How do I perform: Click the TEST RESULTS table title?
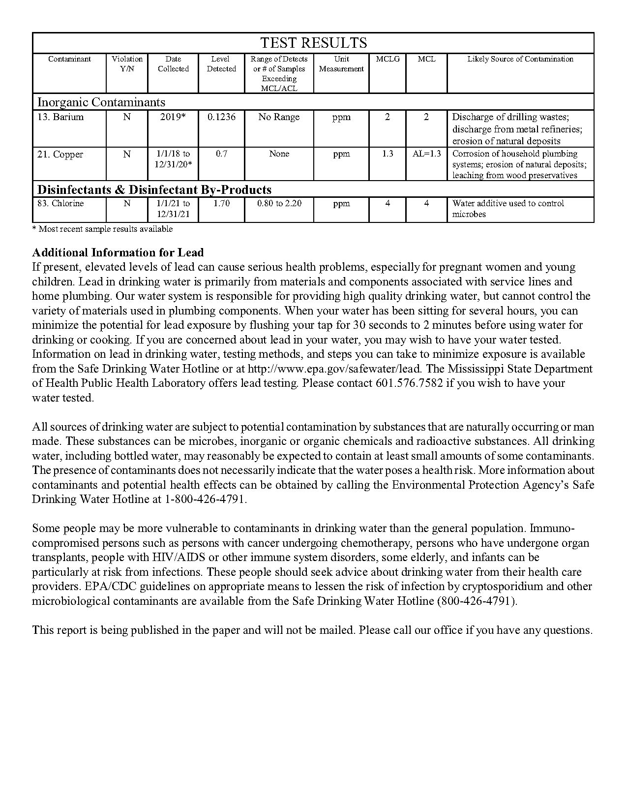[313, 43]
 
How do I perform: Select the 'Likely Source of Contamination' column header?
[520, 59]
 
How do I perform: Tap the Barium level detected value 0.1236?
[221, 117]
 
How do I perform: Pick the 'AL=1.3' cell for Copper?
[426, 154]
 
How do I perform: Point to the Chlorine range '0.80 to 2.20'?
[279, 203]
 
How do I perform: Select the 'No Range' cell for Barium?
[279, 117]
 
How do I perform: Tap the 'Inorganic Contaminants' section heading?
[101, 102]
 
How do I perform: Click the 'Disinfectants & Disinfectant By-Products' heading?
[154, 189]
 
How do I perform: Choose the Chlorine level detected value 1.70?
[221, 203]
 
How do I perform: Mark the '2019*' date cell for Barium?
[173, 117]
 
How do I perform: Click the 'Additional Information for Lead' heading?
[118, 252]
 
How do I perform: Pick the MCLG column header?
[388, 59]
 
